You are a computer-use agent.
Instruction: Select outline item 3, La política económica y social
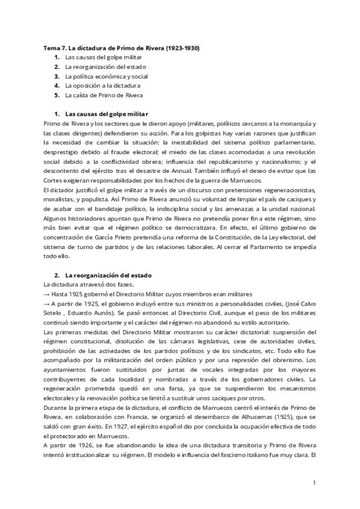pyautogui.click(x=98, y=76)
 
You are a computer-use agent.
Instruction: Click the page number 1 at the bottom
pyautogui.click(x=314, y=481)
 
